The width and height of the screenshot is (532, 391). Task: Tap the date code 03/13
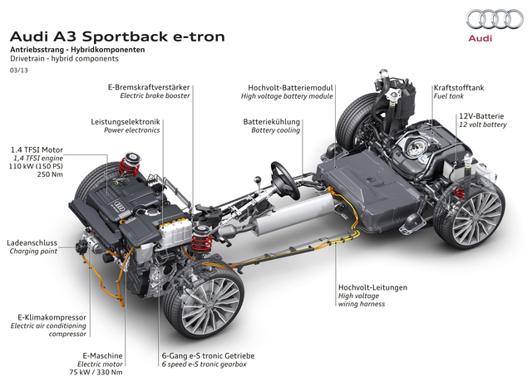(x=18, y=72)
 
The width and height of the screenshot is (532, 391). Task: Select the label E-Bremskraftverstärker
(x=149, y=87)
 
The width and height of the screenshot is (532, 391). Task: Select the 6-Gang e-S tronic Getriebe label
(x=208, y=355)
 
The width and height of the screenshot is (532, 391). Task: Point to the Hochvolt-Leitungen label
(x=373, y=287)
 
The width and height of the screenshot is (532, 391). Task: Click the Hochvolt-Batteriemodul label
(x=292, y=87)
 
